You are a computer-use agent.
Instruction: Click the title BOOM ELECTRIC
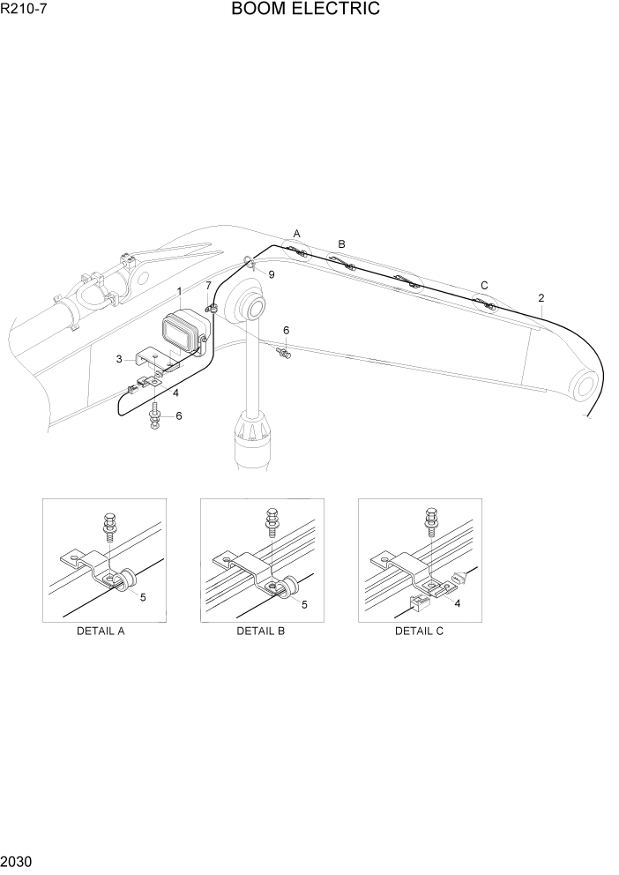(306, 10)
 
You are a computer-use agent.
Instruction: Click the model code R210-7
(24, 11)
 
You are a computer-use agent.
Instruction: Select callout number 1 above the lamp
(179, 291)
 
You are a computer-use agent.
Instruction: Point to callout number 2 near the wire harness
(541, 298)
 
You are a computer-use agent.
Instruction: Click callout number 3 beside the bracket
(119, 359)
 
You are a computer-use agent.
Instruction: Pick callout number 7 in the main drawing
(209, 286)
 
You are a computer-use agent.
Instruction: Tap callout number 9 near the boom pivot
(272, 275)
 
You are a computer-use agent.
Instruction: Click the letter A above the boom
(297, 234)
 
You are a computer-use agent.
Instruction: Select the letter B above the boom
(342, 244)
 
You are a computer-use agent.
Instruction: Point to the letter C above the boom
(484, 285)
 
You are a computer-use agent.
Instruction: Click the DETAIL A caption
(101, 632)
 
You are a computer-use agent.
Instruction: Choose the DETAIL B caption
(260, 632)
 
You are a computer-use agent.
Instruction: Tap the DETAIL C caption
(419, 632)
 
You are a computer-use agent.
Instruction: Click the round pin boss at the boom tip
(583, 385)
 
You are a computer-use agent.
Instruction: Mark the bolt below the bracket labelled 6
(156, 415)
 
